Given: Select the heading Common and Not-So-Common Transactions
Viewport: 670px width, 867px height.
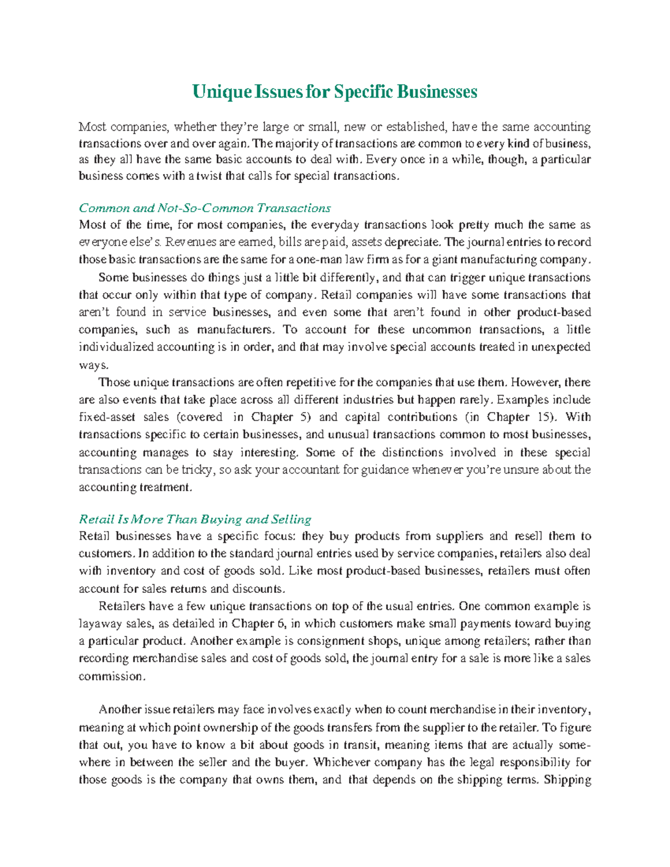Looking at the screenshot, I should coord(205,208).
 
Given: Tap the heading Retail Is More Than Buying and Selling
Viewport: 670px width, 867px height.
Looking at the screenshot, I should coord(195,519).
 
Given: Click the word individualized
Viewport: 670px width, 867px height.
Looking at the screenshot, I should coord(116,347).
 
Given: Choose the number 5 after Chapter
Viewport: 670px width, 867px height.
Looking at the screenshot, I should coord(303,417).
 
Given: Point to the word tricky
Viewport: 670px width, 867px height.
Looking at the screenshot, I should coord(197,470).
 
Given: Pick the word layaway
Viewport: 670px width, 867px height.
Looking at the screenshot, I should coord(98,624).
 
